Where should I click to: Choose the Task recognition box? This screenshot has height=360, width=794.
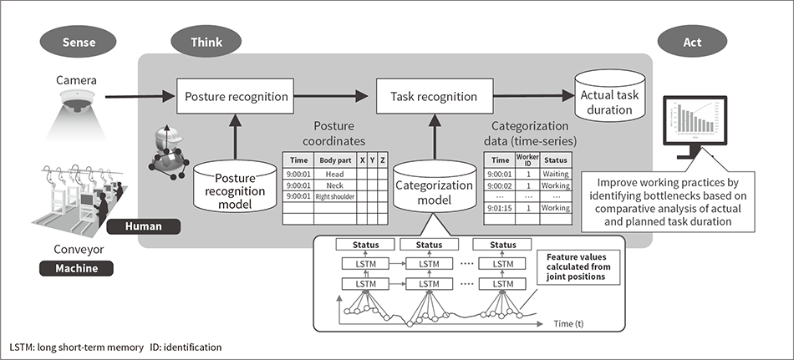click(433, 97)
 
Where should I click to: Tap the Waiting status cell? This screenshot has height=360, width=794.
click(556, 173)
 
